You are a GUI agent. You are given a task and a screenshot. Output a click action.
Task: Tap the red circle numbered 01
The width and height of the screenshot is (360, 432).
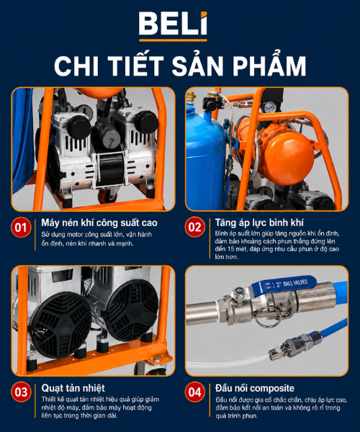(21, 228)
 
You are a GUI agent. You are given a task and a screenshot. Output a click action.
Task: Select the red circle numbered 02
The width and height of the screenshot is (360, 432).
(194, 227)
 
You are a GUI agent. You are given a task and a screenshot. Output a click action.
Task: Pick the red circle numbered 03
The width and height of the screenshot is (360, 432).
(21, 392)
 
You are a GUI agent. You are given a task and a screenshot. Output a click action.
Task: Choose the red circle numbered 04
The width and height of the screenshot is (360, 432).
(194, 392)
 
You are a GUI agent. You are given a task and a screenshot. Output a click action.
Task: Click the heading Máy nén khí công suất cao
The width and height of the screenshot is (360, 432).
(99, 222)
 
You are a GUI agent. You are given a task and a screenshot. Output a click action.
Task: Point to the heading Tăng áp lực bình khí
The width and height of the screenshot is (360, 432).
(259, 222)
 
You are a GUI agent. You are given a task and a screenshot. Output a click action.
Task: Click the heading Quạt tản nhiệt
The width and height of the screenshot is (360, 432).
(73, 388)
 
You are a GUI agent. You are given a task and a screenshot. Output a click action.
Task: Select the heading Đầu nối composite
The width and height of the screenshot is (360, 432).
(255, 388)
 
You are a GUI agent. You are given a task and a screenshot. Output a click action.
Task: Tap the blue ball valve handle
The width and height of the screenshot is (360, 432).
(287, 284)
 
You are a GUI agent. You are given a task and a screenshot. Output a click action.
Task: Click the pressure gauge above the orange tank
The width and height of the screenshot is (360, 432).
(269, 107)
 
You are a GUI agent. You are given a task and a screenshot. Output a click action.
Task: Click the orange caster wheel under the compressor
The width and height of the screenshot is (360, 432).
(107, 195)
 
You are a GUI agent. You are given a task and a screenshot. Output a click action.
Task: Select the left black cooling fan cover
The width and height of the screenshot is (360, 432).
(61, 325)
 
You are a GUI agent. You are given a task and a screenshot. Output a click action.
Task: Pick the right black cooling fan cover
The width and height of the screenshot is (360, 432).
(132, 310)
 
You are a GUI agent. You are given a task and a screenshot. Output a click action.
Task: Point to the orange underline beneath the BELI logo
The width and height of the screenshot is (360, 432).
(173, 40)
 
